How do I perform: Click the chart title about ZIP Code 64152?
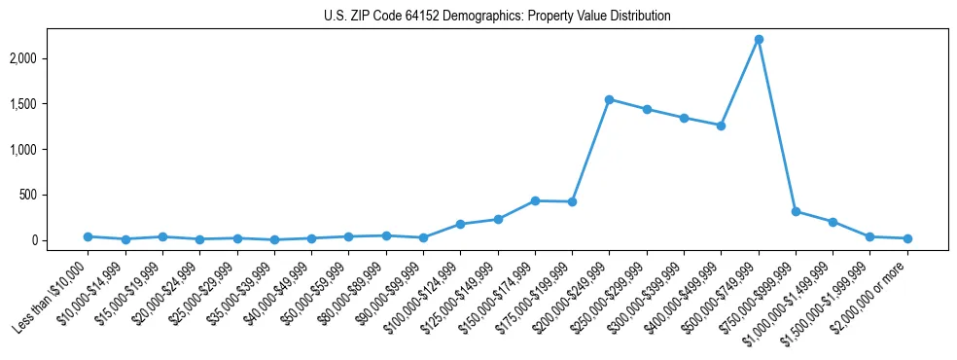tap(497, 17)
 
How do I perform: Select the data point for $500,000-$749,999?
tap(759, 39)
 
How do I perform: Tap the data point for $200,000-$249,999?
tap(609, 99)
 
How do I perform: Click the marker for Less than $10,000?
tap(88, 236)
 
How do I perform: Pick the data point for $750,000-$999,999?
tap(796, 211)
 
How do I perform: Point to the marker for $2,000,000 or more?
tap(907, 238)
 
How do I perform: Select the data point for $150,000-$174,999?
tap(535, 200)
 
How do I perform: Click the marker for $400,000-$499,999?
tap(721, 126)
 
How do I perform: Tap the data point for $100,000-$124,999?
tap(460, 224)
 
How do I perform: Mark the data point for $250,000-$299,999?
tap(647, 109)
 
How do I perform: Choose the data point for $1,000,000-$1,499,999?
tap(833, 222)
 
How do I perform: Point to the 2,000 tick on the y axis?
tap(49, 58)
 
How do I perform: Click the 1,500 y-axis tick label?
tap(49, 104)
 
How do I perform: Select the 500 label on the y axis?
tap(54, 195)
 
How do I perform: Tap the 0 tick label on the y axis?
tap(60, 240)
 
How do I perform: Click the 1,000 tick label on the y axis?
tap(49, 149)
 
